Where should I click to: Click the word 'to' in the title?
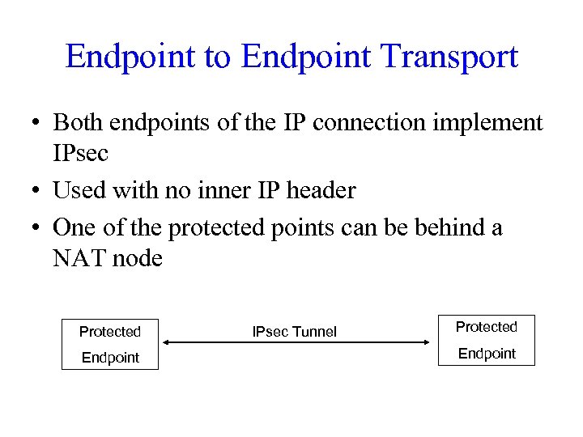pyautogui.click(x=217, y=57)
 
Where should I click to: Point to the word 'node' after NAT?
pyautogui.click(x=140, y=258)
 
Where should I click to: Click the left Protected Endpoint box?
pyautogui.click(x=110, y=344)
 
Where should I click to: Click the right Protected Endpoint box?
pyautogui.click(x=486, y=340)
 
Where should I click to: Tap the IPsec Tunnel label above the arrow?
pyautogui.click(x=295, y=331)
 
